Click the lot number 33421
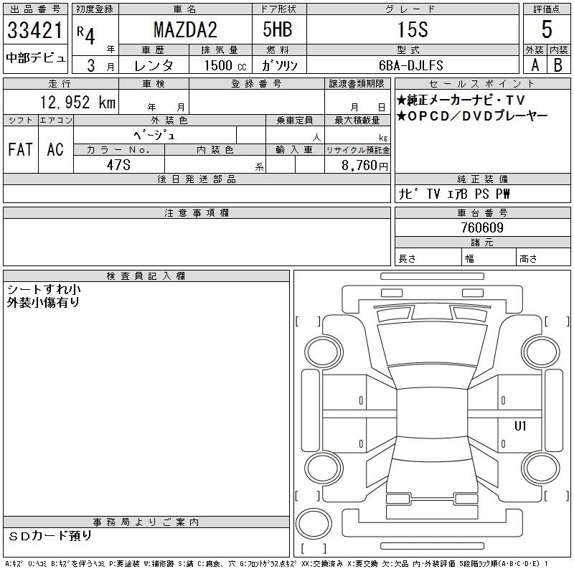(x=35, y=30)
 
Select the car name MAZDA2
(x=185, y=29)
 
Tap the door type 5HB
(x=278, y=29)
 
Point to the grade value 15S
(x=413, y=29)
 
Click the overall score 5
(x=547, y=29)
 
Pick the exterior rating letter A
(x=535, y=65)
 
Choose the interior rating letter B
(x=558, y=65)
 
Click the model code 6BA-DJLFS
(x=410, y=65)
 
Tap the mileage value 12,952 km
(x=77, y=102)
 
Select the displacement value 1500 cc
(x=225, y=65)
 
